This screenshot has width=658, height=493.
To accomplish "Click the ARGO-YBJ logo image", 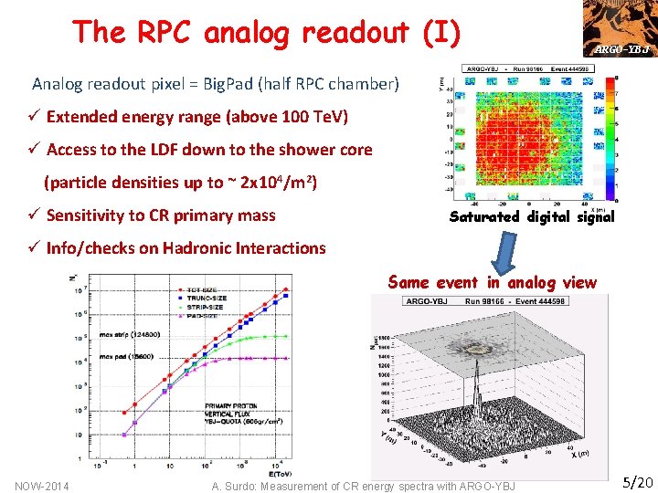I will click(622, 28).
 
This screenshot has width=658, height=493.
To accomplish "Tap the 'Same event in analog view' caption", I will click(492, 283).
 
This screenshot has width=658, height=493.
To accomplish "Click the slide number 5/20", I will click(637, 480).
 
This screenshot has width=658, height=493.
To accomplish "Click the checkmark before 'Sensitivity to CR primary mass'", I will click(36, 215).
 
